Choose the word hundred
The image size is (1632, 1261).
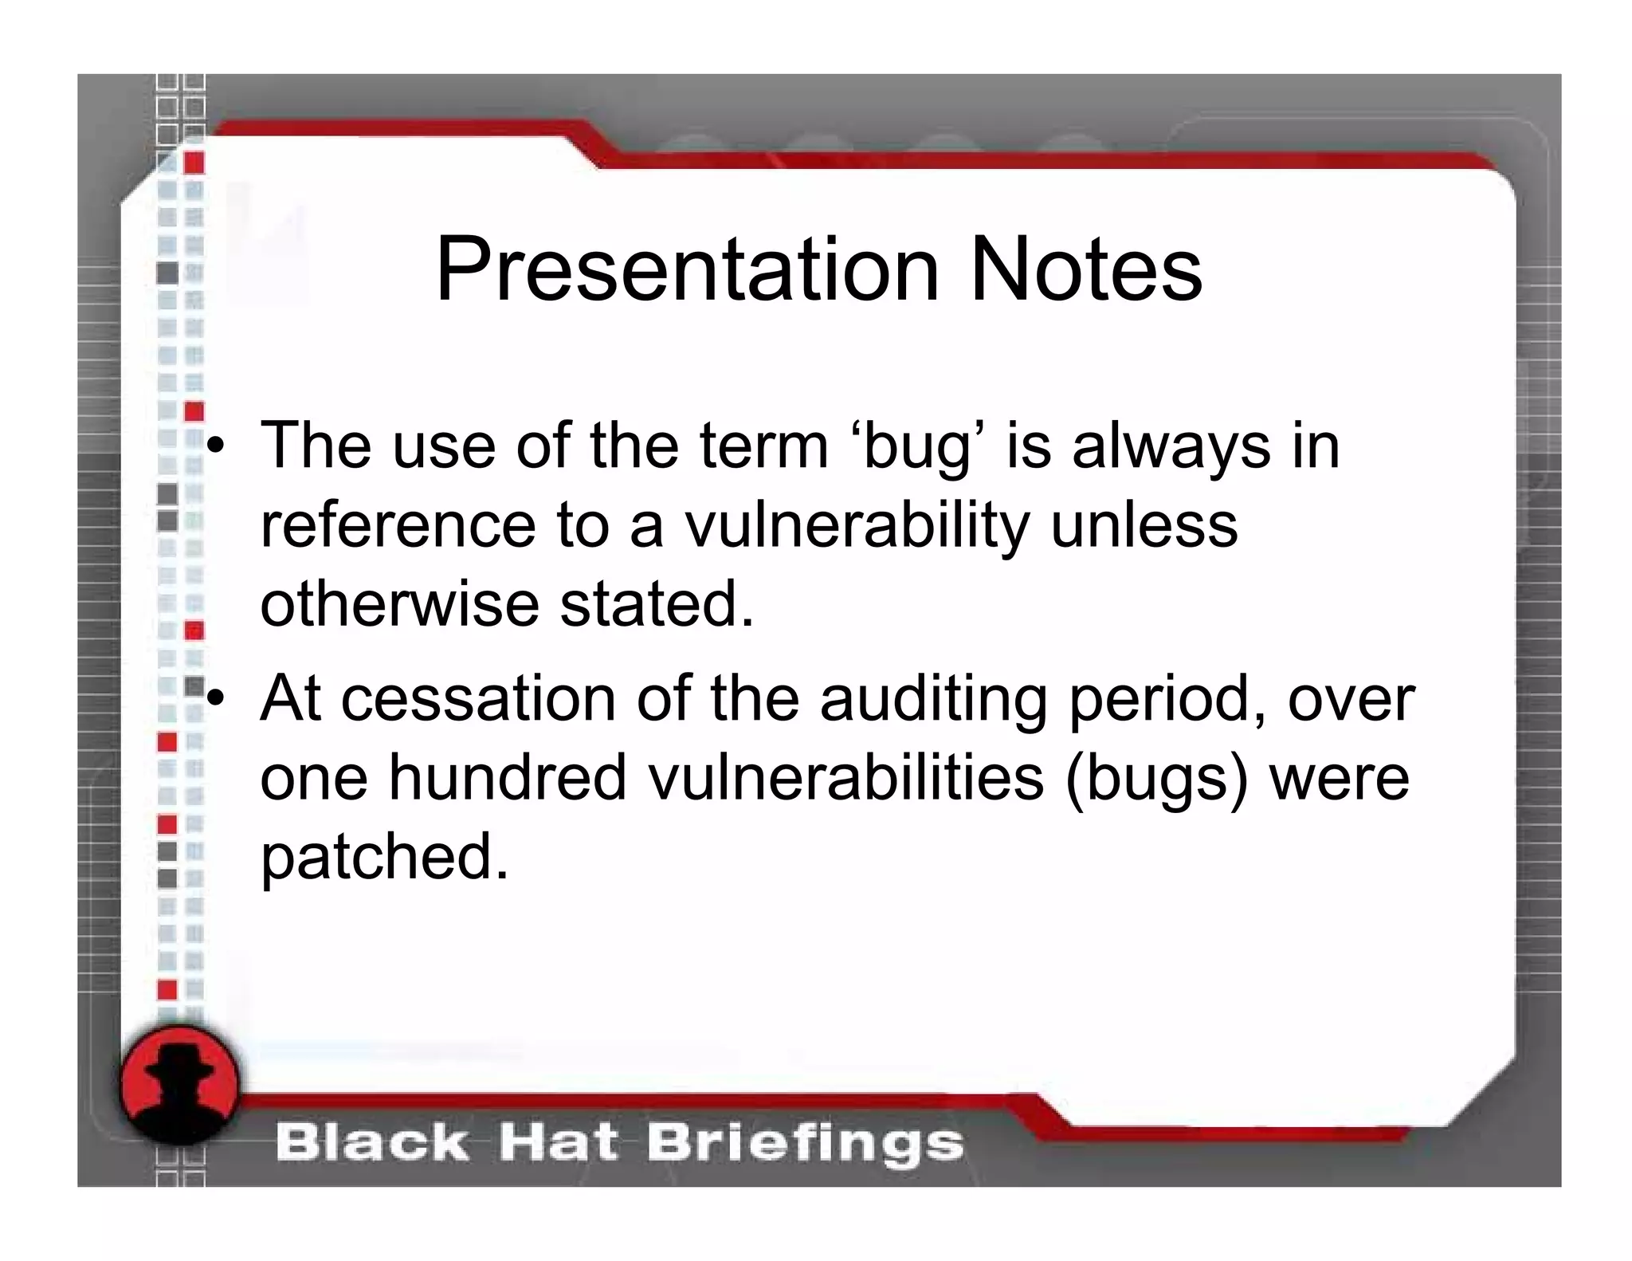point(508,778)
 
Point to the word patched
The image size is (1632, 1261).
point(384,858)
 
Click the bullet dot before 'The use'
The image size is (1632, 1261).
point(214,447)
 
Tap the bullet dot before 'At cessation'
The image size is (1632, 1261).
point(214,699)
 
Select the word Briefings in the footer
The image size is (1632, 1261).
point(805,1143)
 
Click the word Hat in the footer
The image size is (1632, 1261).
point(558,1143)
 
